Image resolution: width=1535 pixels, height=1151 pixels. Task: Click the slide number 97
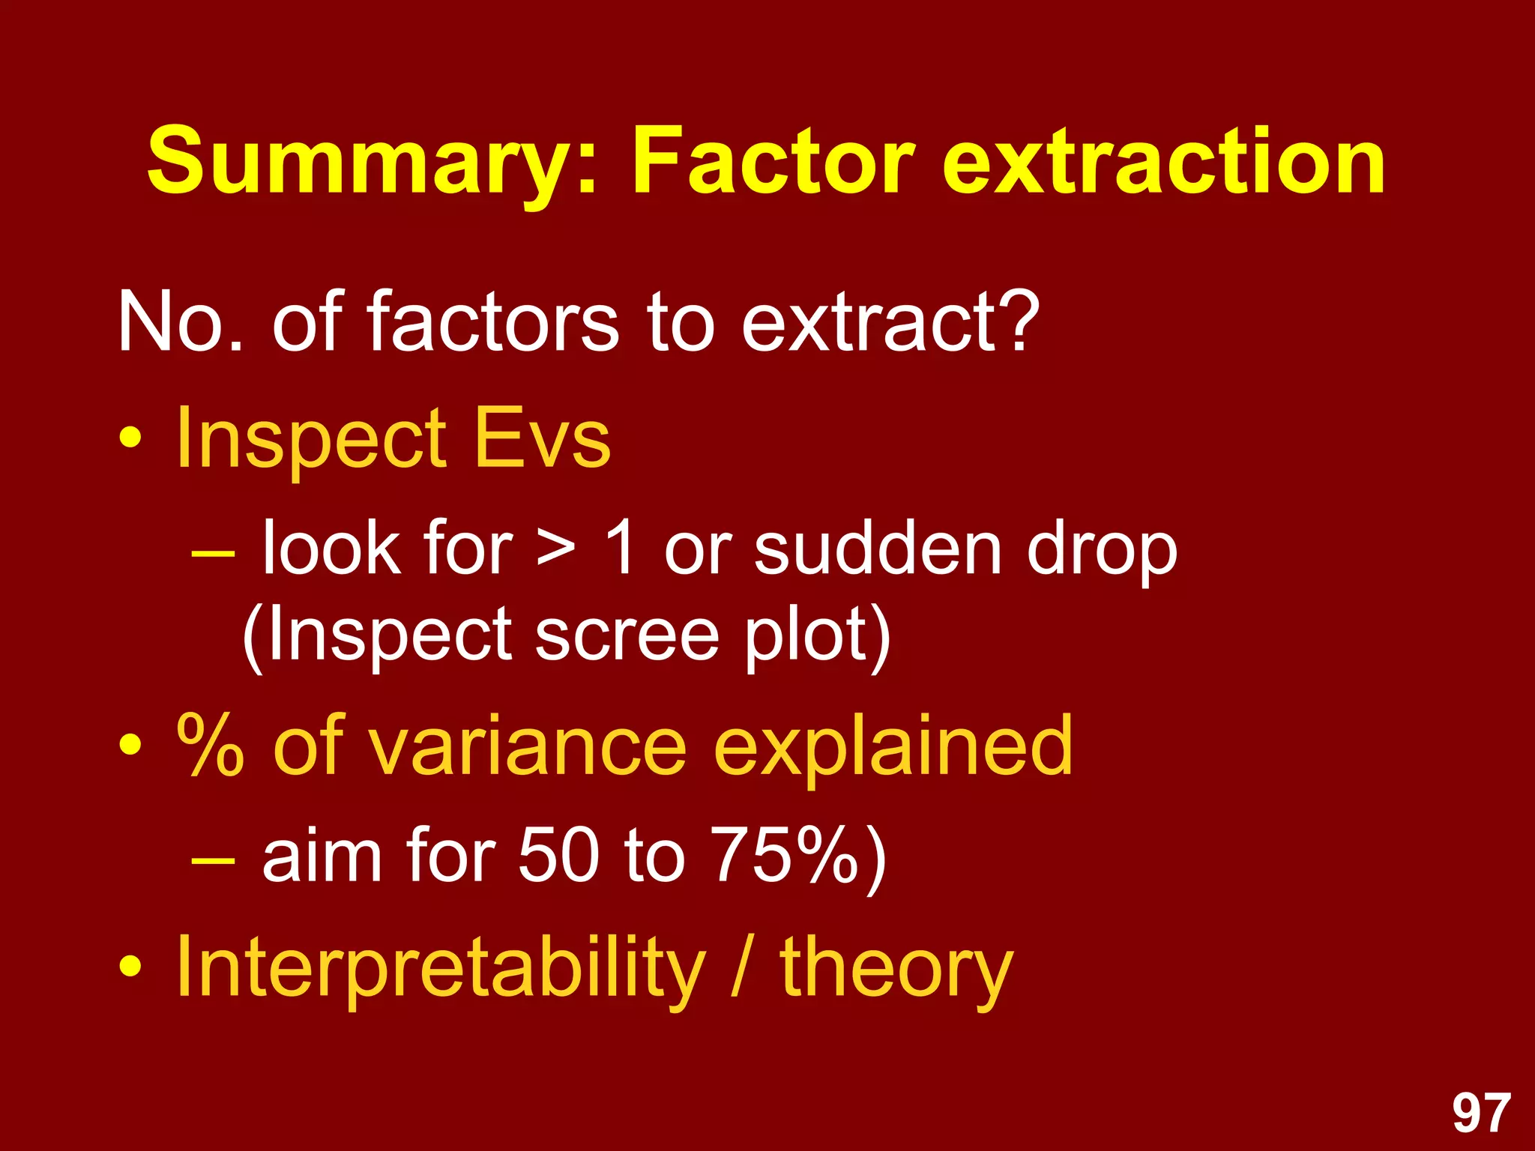(1481, 1114)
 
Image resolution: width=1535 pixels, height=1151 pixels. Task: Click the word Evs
(543, 438)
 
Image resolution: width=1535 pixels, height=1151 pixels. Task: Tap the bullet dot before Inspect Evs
(130, 438)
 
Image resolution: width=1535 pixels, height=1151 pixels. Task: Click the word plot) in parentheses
(818, 637)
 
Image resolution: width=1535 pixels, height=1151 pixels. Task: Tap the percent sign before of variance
(210, 745)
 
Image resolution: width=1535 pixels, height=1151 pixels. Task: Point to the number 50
(558, 855)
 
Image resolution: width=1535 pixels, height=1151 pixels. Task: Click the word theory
(896, 970)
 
